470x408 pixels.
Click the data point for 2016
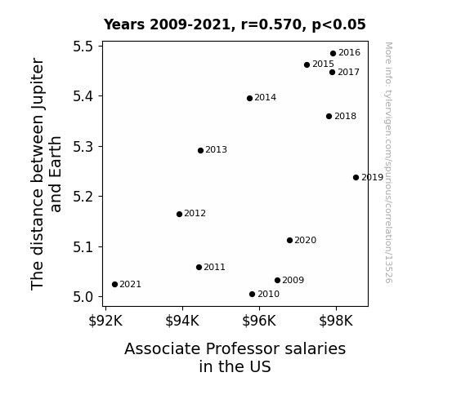(333, 54)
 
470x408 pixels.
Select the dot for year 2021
(114, 284)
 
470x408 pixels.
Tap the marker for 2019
(356, 178)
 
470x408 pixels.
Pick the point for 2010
(252, 295)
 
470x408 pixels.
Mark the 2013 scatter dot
(200, 151)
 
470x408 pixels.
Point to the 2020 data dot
(289, 241)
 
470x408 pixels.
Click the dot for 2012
(179, 214)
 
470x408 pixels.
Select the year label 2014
(266, 98)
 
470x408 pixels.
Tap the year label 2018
(345, 116)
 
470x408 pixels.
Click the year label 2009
(293, 280)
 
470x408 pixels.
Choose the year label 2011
(215, 267)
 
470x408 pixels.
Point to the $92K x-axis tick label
(105, 321)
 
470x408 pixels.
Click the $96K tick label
(259, 321)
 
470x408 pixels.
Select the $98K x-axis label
(336, 321)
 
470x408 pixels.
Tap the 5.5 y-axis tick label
(83, 47)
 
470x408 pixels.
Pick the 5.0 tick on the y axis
(83, 297)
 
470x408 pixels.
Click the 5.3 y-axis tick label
(83, 147)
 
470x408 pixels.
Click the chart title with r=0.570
(235, 24)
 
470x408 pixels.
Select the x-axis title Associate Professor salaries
(235, 348)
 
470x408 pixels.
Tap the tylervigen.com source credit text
(388, 162)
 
